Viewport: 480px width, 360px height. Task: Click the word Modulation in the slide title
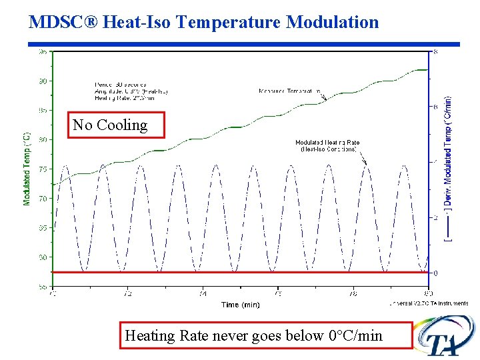[332, 22]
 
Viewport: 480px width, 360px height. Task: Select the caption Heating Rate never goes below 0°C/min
[253, 335]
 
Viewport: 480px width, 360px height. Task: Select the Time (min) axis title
[240, 305]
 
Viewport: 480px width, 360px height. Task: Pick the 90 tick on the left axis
[43, 81]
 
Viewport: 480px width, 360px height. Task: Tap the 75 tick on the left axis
[43, 169]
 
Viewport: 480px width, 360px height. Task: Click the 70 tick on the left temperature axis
[43, 199]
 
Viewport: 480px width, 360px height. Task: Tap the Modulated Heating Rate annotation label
[327, 145]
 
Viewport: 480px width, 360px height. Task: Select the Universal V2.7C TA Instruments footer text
[428, 303]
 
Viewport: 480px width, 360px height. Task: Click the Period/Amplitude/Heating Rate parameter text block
[131, 91]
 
